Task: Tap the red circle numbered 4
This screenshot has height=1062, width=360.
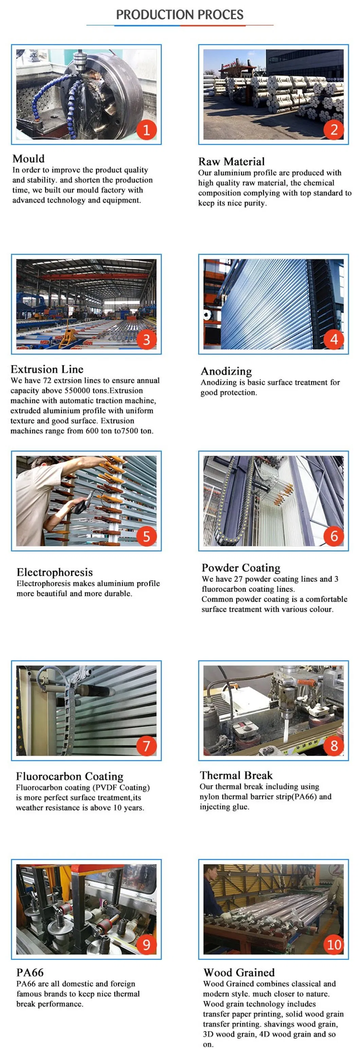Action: pyautogui.click(x=334, y=339)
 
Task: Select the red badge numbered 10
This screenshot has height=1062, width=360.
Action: pyautogui.click(x=334, y=944)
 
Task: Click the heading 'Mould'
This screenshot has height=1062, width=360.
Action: pyautogui.click(x=29, y=159)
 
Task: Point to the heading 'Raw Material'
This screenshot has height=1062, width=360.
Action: pyautogui.click(x=231, y=162)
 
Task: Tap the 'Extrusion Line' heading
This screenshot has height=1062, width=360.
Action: pyautogui.click(x=47, y=369)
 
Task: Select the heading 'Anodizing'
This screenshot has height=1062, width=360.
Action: pyautogui.click(x=226, y=371)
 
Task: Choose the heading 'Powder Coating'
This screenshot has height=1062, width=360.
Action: pyautogui.click(x=241, y=568)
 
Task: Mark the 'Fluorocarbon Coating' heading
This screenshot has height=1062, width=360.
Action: pyautogui.click(x=69, y=776)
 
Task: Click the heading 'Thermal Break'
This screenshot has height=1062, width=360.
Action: pyautogui.click(x=236, y=775)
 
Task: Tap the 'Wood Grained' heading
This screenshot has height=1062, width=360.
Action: pyautogui.click(x=239, y=972)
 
